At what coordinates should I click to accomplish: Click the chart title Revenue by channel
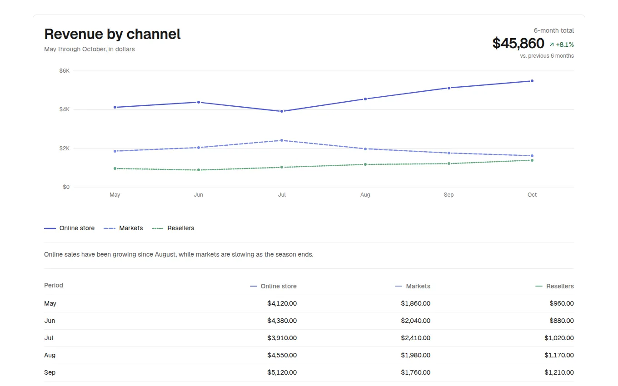coord(112,34)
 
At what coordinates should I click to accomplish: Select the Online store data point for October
coord(532,81)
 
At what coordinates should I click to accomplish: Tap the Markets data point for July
coord(282,140)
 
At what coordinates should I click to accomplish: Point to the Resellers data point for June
coord(199,170)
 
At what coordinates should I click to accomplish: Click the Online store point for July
coord(282,111)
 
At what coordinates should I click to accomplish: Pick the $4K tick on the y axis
coord(64,109)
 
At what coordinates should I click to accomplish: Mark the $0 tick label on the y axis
coord(66,187)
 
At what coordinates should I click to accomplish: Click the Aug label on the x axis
coord(365,195)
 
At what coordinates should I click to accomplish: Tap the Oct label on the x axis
coord(532,195)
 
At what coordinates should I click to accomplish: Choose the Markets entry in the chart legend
coord(123,228)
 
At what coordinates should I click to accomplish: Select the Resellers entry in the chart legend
coord(173,228)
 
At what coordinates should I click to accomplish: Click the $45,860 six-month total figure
coord(518,43)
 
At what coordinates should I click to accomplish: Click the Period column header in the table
coord(54,285)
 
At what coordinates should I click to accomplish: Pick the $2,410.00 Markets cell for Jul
coord(415,338)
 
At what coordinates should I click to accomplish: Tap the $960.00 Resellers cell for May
coord(562,303)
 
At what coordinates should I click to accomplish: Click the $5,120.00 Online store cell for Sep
coord(282,372)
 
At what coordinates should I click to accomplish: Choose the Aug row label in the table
coord(50,355)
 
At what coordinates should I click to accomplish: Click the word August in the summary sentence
coord(165,254)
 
